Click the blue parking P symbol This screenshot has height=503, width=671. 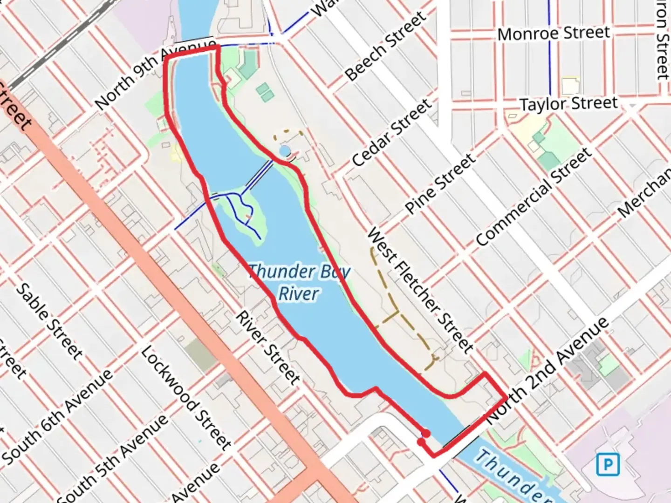pos(608,464)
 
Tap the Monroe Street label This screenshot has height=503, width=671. pos(554,34)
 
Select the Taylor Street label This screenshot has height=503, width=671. pos(568,103)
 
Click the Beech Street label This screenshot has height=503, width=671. pos(385,46)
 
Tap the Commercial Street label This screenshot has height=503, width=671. pos(534,197)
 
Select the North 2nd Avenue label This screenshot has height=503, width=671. pos(548,371)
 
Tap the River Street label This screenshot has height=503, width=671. pos(267,348)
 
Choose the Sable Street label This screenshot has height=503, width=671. pos(49,321)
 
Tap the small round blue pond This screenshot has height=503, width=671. pos(285,151)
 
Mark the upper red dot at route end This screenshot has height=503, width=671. pos(425,434)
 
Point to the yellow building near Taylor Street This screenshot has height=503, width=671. pos(570,87)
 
